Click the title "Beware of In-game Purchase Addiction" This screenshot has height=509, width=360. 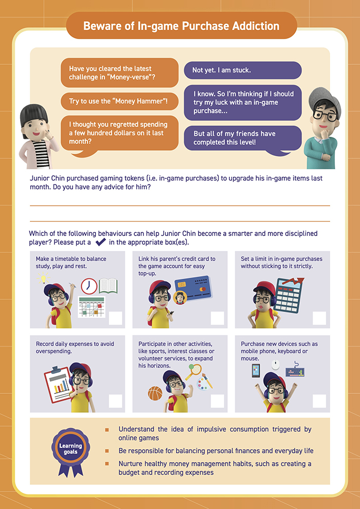click(181, 26)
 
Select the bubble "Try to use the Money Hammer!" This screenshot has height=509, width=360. click(119, 101)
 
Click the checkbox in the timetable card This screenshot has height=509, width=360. click(115, 318)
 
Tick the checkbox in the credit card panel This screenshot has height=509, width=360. click(218, 318)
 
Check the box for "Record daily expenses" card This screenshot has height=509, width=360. click(115, 401)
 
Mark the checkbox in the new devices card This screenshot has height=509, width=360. click(319, 401)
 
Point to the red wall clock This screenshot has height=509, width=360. click(89, 286)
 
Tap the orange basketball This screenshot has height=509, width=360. click(155, 393)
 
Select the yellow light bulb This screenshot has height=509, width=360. click(44, 279)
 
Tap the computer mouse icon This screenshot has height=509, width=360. click(276, 365)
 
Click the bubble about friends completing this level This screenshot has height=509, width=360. click(242, 138)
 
